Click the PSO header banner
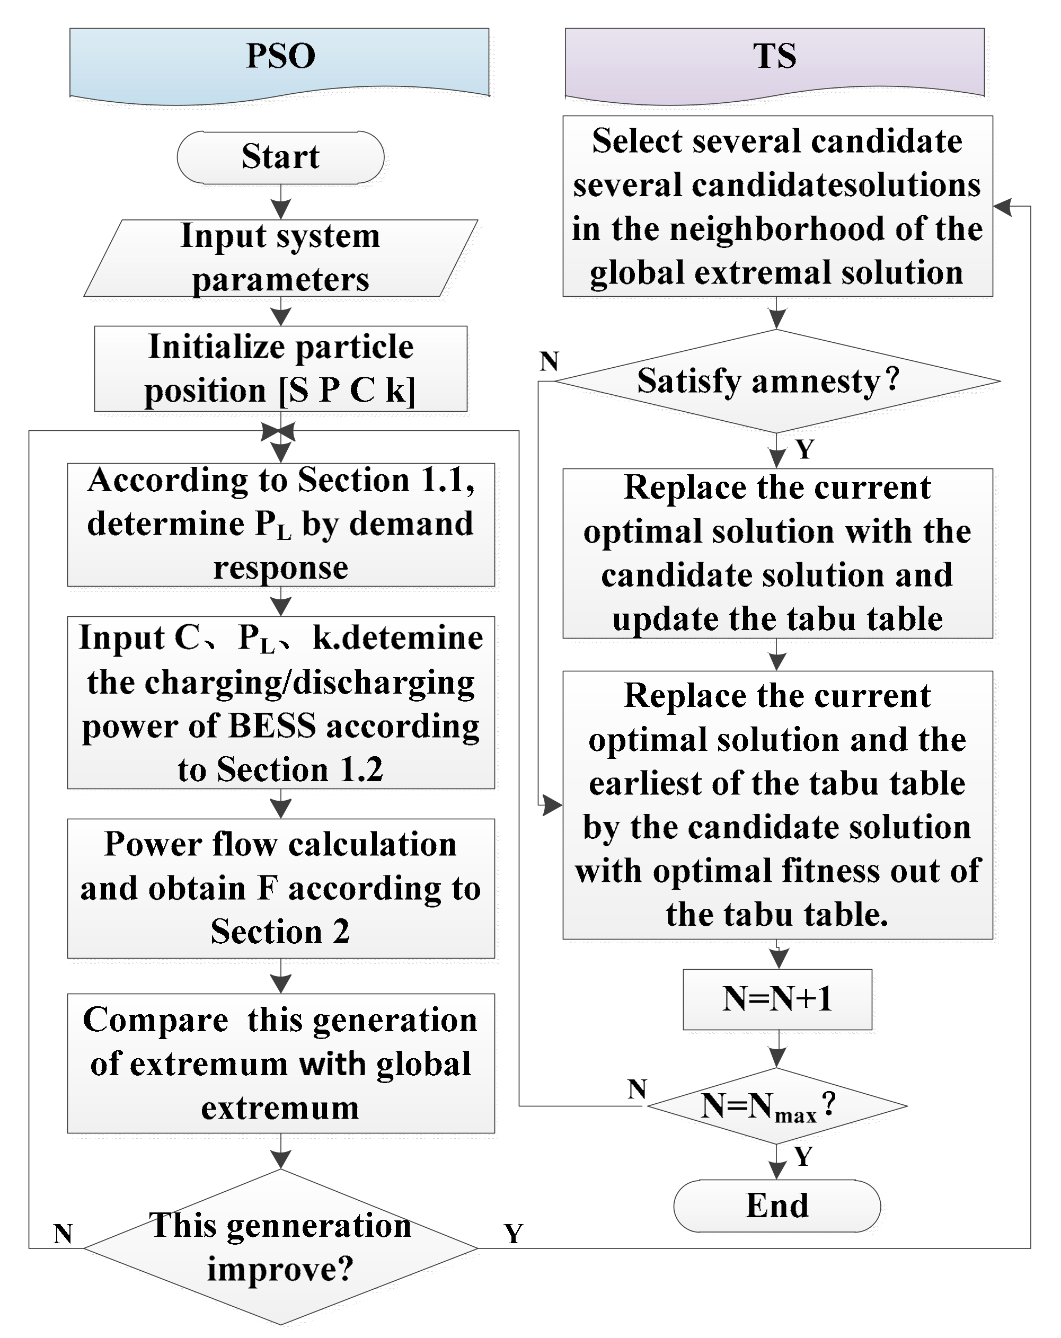pyautogui.click(x=279, y=62)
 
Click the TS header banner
pyautogui.click(x=774, y=62)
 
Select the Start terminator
pyautogui.click(x=280, y=157)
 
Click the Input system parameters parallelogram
pyautogui.click(x=280, y=258)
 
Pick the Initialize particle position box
pyautogui.click(x=280, y=369)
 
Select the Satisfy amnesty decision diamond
pyautogui.click(x=776, y=381)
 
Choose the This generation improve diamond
pyautogui.click(x=280, y=1247)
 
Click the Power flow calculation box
pyautogui.click(x=280, y=888)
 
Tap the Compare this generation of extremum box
pyautogui.click(x=280, y=1064)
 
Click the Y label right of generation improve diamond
pyautogui.click(x=514, y=1234)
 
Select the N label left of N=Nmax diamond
pyautogui.click(x=637, y=1089)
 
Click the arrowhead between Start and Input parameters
pyautogui.click(x=280, y=210)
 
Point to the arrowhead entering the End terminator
pyautogui.click(x=776, y=1171)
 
